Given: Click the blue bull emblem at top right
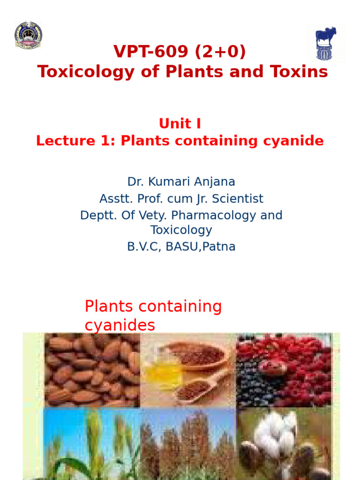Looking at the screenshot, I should pyautogui.click(x=325, y=43).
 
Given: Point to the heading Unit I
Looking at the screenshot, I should pyautogui.click(x=180, y=124).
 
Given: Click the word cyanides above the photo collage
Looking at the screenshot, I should pyautogui.click(x=120, y=325).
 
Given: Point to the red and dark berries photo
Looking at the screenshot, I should pyautogui.click(x=284, y=370).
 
